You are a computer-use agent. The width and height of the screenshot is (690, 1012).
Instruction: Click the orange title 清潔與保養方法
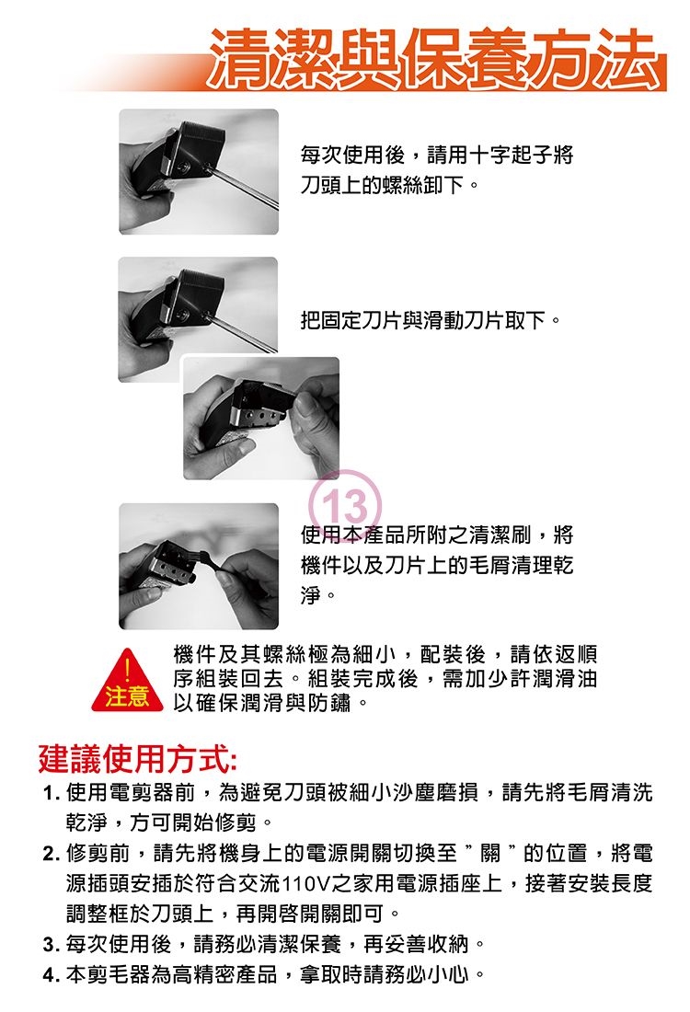click(x=436, y=59)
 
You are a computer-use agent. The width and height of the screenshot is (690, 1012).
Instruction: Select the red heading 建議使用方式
click(x=137, y=759)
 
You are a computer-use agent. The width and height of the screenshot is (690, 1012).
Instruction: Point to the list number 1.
click(x=51, y=792)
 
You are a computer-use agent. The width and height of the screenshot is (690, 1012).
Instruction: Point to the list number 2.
click(x=51, y=853)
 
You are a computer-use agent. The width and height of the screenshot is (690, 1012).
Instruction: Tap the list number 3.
click(x=51, y=945)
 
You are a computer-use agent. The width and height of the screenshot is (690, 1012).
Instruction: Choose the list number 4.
click(x=51, y=974)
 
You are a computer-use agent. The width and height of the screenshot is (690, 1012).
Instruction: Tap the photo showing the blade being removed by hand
click(x=260, y=419)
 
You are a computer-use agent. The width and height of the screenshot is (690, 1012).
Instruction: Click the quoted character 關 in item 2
click(x=490, y=853)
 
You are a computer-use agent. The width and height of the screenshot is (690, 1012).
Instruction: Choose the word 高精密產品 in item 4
click(x=224, y=974)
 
